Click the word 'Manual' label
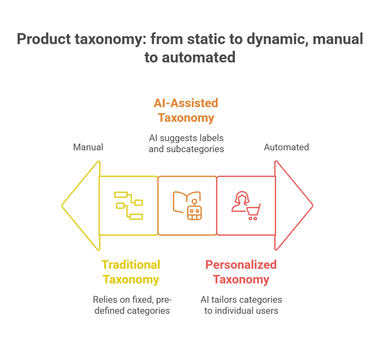(88, 147)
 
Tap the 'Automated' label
(286, 147)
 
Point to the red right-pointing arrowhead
(294, 205)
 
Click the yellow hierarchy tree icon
(129, 205)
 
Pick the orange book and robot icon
(187, 205)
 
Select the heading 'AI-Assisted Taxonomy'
(186, 110)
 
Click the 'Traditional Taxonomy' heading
(131, 272)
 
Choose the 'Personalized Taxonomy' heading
(241, 272)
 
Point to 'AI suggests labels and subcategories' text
(186, 142)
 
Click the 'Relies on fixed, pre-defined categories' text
(131, 305)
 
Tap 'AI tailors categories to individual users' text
(241, 305)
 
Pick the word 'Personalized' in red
(241, 265)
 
